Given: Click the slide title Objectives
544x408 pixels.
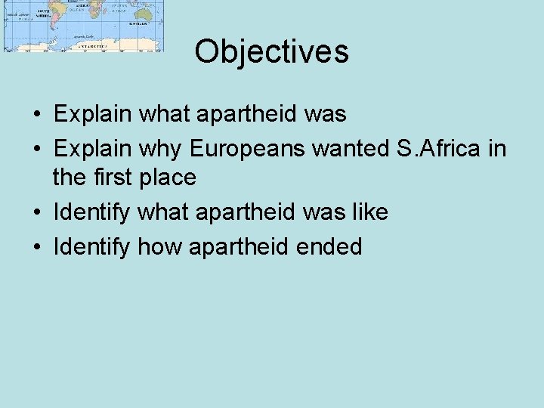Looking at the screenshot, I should (271, 51).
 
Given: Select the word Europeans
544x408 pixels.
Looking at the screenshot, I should (246, 149).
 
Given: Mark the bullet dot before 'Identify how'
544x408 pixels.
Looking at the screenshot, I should (36, 247).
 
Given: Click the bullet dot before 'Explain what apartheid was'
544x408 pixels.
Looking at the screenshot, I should (36, 115).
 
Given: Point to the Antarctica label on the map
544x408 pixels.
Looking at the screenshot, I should (93, 45).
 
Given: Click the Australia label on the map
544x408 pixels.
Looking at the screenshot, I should (138, 23).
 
